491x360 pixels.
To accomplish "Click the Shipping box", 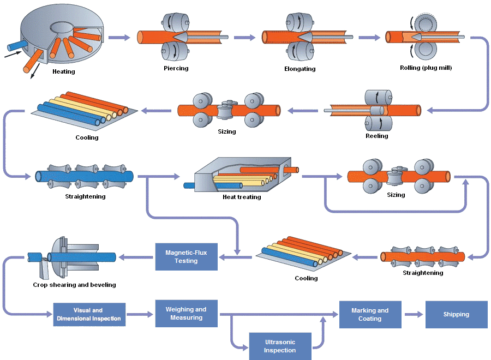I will coord(456,314).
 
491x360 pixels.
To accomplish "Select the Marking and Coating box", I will coord(370,315).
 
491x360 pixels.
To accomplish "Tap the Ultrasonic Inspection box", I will coord(280,346).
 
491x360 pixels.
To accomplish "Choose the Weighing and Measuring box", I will coord(186,314).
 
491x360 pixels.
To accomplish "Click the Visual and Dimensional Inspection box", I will coord(89,315).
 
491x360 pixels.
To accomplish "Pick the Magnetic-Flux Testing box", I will coord(186,256).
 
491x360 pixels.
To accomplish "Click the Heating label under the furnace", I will coord(64,71).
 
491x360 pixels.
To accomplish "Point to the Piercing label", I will coord(176,68).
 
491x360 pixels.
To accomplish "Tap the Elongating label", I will coord(300,69).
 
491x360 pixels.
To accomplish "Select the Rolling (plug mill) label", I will coord(426,68).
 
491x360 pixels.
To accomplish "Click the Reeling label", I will coord(376,136).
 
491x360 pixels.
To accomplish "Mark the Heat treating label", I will coord(242,197).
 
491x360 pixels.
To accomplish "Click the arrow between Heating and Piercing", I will coord(119,37).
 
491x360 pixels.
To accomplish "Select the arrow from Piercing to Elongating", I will coord(244,37).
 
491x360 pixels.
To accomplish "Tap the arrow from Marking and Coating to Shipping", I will coord(413,314).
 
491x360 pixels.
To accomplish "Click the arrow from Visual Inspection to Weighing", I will coord(140,315).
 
